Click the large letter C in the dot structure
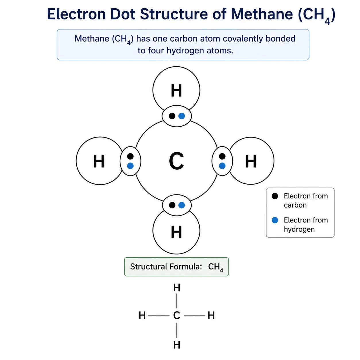click(176, 161)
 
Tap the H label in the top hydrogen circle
click(176, 90)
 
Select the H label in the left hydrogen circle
click(99, 161)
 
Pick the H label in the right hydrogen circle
click(251, 161)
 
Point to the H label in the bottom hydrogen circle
click(176, 232)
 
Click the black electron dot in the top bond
click(172, 116)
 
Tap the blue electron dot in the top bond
click(181, 116)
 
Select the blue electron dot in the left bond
click(130, 166)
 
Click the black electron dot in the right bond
click(222, 156)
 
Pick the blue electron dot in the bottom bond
click(181, 205)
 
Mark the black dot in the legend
click(275, 196)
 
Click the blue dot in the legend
click(275, 220)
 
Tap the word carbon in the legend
click(295, 205)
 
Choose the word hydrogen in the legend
click(299, 229)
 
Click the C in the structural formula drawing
click(176, 316)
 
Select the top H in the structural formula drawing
click(177, 288)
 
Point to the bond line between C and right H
click(194, 315)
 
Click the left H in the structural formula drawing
click(142, 316)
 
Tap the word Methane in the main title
click(261, 14)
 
